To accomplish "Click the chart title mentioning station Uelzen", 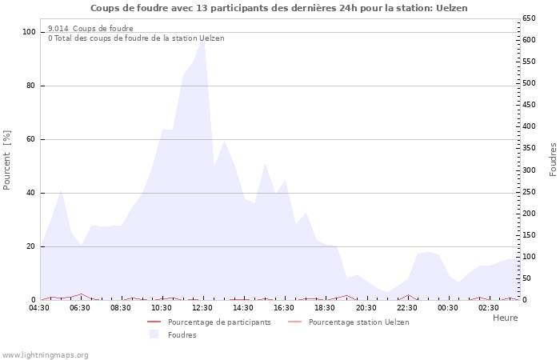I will (279, 8).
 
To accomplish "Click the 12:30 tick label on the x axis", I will (202, 307).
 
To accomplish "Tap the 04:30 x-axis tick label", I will (39, 307).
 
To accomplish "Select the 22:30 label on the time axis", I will (407, 307).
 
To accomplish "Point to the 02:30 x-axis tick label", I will (489, 307).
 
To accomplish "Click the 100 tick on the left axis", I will (30, 32).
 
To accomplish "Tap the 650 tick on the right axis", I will (530, 18).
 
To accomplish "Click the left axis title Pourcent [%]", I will (7, 160).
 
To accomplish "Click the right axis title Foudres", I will (553, 159).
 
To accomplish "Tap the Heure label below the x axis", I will (505, 318).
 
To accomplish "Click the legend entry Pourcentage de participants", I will (219, 322).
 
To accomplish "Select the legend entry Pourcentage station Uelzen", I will (358, 322).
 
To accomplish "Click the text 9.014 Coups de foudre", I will (90, 28).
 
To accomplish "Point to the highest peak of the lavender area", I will (203, 38).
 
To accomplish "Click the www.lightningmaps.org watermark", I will (45, 354).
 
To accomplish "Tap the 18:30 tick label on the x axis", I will (325, 307).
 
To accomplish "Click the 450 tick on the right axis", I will (530, 104).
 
